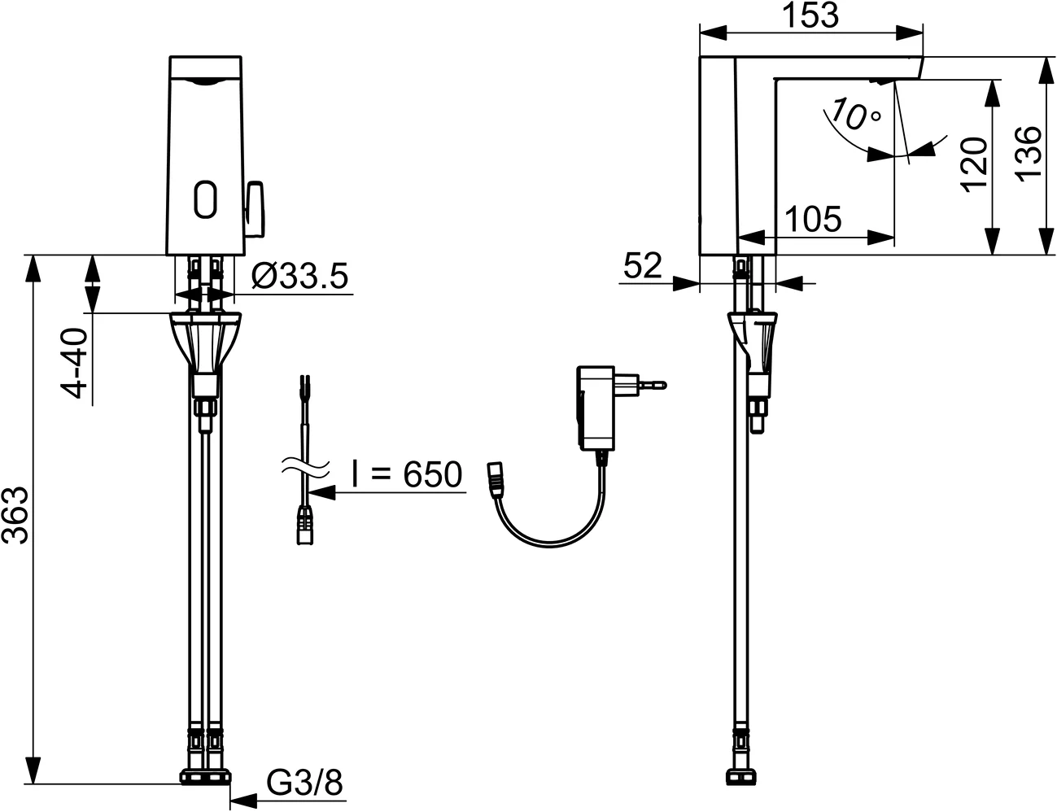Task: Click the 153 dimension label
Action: click(811, 15)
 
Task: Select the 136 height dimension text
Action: click(1029, 154)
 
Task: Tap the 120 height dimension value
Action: click(973, 162)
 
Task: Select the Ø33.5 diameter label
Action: click(299, 277)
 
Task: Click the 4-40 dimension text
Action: click(76, 364)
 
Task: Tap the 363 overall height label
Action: click(17, 515)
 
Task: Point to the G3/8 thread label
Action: click(305, 784)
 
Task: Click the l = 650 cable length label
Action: click(406, 474)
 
